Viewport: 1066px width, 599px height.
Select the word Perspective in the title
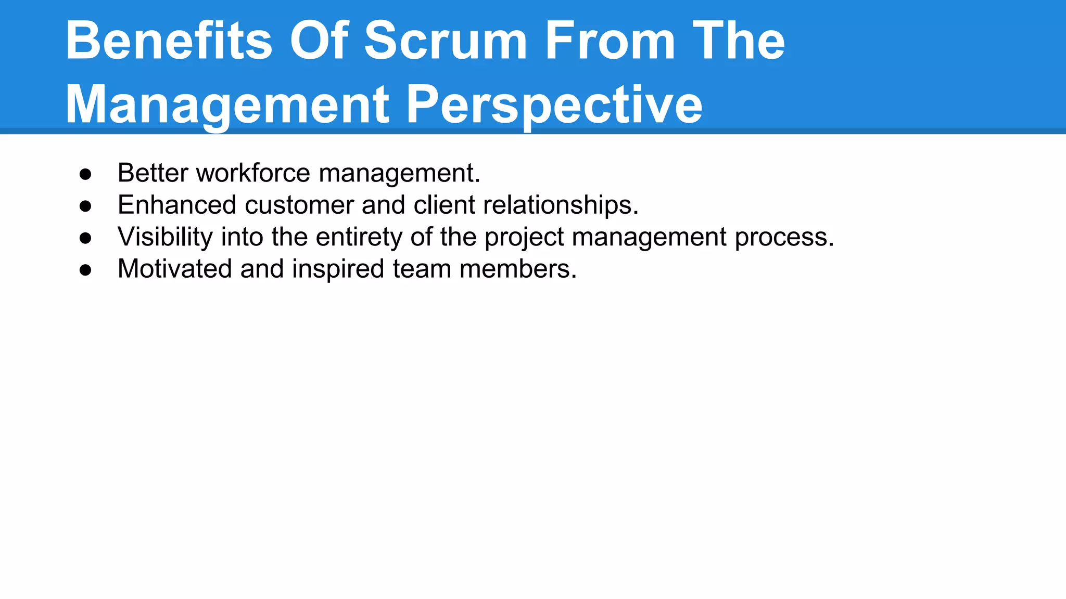[554, 105]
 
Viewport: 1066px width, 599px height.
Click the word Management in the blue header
[227, 105]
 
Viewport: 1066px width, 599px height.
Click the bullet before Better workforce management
[85, 174]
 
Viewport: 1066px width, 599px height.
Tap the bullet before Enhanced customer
[85, 206]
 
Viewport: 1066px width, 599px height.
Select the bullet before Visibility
[85, 238]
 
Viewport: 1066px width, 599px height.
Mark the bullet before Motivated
[85, 270]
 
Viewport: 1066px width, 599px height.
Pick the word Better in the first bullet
[153, 173]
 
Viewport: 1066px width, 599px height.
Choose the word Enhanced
[177, 205]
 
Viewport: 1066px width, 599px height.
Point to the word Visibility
[165, 237]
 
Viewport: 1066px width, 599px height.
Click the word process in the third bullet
[784, 237]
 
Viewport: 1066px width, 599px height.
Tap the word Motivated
[174, 269]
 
